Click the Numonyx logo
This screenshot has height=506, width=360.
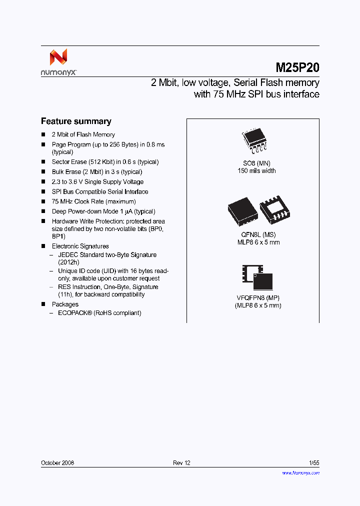58,62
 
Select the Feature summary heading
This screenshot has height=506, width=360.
76,121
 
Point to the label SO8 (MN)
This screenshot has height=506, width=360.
256,163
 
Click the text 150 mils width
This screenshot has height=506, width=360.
256,171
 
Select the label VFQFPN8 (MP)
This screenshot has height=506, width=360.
258,298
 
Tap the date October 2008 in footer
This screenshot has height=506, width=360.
57,463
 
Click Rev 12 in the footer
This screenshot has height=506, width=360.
181,463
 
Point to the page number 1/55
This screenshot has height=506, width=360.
314,463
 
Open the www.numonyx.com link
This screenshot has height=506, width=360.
300,472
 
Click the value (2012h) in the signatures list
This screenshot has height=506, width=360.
68,262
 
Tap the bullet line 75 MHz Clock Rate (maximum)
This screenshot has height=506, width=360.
85,201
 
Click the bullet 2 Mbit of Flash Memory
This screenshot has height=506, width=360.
83,134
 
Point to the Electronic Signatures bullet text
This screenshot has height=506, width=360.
80,246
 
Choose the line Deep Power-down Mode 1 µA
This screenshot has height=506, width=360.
103,211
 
